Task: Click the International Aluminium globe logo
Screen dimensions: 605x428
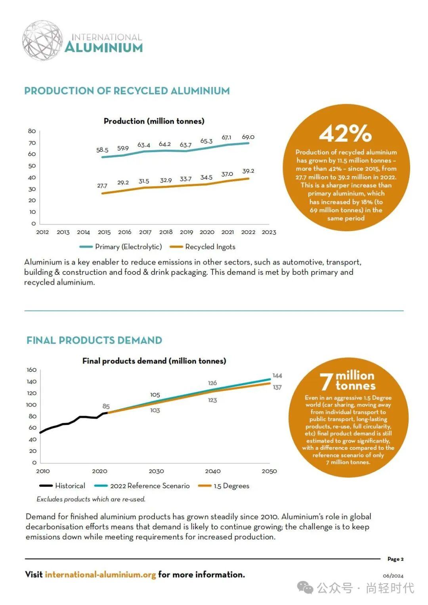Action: click(x=42, y=41)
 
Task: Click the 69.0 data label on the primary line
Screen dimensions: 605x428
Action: click(x=248, y=137)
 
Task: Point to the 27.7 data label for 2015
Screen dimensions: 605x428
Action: click(x=102, y=186)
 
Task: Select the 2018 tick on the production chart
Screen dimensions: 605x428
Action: click(x=166, y=232)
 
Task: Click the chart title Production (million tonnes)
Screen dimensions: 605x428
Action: click(x=154, y=121)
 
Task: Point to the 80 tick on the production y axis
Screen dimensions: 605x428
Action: click(x=32, y=131)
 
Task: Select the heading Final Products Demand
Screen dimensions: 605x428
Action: click(x=94, y=340)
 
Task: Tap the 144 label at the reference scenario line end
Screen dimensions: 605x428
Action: click(x=277, y=375)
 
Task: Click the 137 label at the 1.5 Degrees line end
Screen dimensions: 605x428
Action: click(x=277, y=387)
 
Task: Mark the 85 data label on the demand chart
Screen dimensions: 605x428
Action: click(x=106, y=406)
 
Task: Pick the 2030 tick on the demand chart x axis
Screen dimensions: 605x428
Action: click(x=156, y=471)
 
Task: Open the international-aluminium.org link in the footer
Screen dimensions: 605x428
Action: click(x=100, y=575)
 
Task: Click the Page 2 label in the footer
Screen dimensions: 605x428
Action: click(x=395, y=559)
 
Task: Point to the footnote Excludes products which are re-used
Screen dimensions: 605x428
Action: click(x=91, y=499)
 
